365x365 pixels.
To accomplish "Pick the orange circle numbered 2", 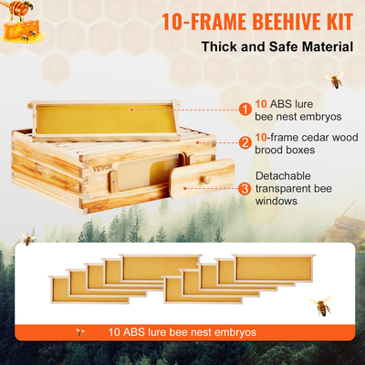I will [245, 142].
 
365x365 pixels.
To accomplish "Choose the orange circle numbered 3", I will [245, 189].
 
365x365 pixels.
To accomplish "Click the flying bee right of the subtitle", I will [336, 81].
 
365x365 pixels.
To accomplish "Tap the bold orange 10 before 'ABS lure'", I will [261, 103].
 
